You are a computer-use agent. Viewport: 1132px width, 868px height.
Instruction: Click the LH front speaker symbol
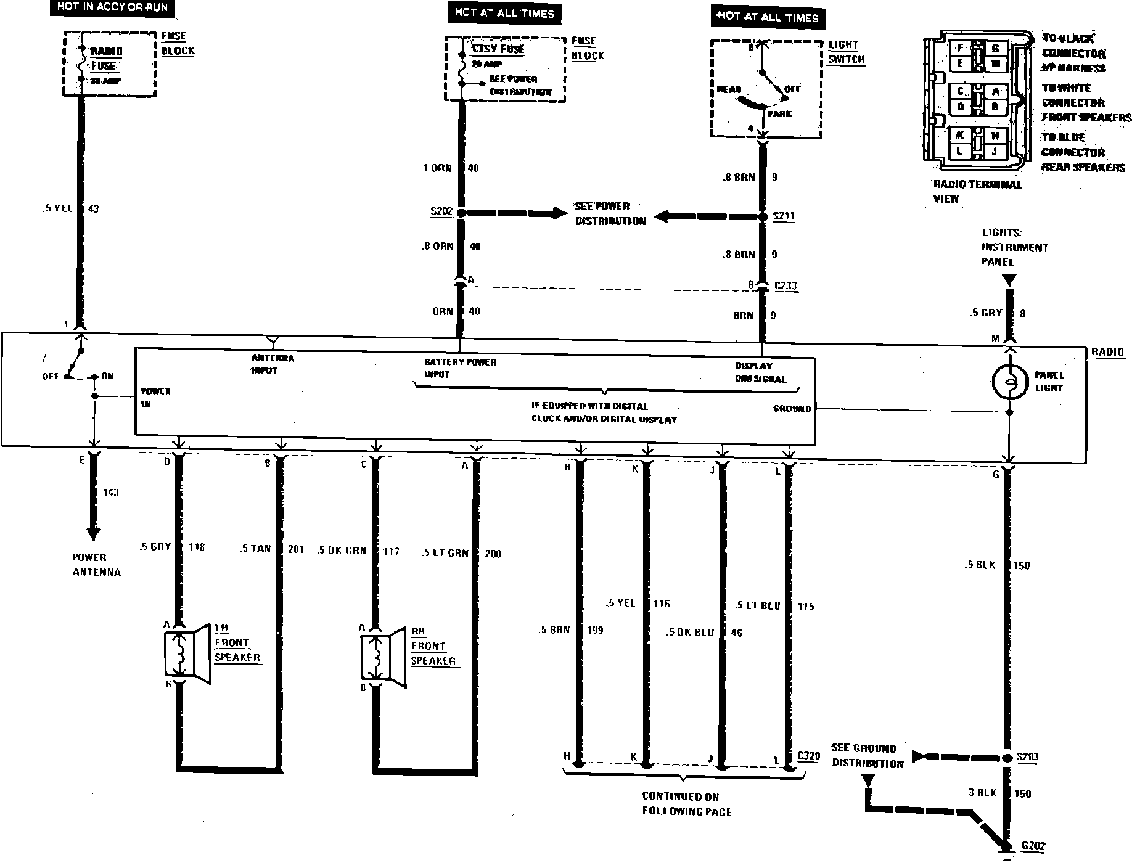point(187,653)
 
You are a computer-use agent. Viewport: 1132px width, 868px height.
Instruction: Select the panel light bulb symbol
point(1009,382)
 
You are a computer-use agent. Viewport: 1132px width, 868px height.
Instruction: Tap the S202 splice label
point(441,212)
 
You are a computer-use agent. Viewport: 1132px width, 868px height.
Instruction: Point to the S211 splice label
point(784,217)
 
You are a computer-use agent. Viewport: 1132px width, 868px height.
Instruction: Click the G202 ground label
point(1033,846)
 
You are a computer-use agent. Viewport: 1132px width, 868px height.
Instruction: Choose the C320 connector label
point(808,756)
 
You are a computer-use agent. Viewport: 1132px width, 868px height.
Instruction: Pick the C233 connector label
point(785,286)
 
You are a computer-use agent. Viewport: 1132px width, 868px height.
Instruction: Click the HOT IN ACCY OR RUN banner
point(112,8)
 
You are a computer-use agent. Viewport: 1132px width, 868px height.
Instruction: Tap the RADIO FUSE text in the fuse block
point(106,59)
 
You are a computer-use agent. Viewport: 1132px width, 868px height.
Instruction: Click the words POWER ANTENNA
point(96,565)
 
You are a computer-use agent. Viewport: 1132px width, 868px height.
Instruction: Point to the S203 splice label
point(1027,757)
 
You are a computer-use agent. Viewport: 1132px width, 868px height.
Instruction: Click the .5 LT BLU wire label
point(757,606)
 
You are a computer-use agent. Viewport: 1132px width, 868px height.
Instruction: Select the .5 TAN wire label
point(255,549)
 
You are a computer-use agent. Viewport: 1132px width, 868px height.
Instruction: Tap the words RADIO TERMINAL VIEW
point(977,191)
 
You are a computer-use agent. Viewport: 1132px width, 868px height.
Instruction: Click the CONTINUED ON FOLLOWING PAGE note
point(686,804)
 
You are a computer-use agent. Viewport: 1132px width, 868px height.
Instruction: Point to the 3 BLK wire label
point(982,793)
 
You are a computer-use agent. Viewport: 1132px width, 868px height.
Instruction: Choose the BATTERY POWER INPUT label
point(460,368)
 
